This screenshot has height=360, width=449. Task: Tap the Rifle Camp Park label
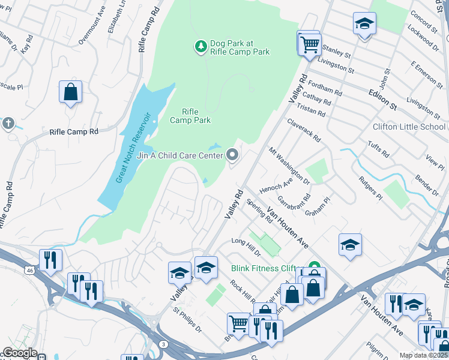pyautogui.click(x=190, y=116)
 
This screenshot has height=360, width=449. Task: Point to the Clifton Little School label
pyautogui.click(x=409, y=127)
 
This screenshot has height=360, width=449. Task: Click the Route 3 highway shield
pyautogui.click(x=163, y=344)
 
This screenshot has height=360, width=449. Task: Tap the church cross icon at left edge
pyautogui.click(x=8, y=123)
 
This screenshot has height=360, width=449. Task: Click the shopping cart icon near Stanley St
pyautogui.click(x=309, y=43)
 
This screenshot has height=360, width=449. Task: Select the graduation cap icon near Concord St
pyautogui.click(x=364, y=24)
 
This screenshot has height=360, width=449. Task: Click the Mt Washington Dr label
pyautogui.click(x=289, y=166)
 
